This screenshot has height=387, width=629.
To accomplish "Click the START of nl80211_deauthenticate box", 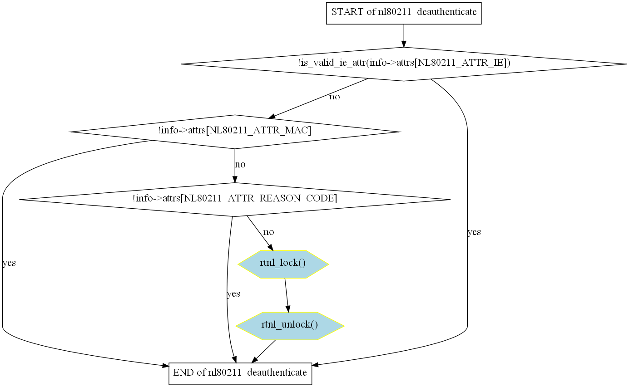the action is (404, 13).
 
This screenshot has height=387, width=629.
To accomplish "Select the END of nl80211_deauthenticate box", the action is (240, 373).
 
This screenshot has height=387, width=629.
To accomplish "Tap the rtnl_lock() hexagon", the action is (283, 264).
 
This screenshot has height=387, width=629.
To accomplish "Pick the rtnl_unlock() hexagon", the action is (289, 326).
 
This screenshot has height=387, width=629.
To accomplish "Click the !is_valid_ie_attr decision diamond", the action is (404, 64).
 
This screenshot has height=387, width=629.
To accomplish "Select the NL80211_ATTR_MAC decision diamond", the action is (235, 132).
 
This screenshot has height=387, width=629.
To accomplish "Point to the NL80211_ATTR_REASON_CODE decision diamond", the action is (235, 199).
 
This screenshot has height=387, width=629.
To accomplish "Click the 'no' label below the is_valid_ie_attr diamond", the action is (334, 97).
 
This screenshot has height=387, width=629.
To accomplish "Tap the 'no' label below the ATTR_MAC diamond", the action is (240, 164).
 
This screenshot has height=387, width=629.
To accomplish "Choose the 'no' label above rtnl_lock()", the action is (268, 232).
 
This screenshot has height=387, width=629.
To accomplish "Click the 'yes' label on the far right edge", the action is (474, 232).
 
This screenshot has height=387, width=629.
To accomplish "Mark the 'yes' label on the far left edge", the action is (9, 263).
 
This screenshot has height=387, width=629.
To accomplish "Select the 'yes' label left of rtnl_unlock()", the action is (233, 294).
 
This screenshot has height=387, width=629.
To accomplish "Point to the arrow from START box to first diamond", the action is (404, 36).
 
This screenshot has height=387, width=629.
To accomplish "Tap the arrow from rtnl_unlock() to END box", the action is (263, 351).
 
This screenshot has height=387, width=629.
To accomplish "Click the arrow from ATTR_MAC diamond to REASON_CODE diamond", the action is (235, 166).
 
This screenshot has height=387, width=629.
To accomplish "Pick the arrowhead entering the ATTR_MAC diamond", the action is (272, 117).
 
